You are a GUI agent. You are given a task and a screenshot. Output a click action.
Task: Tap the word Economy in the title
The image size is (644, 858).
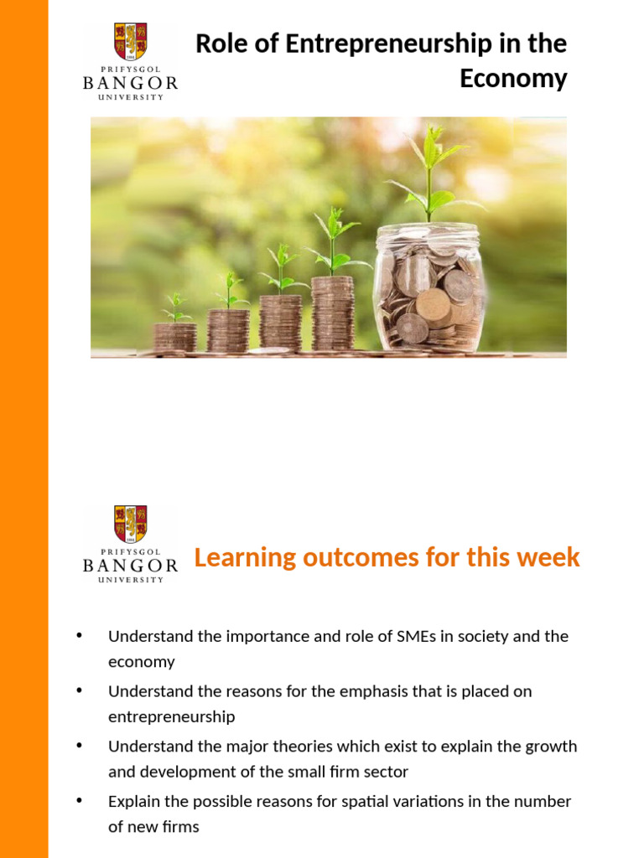[513, 79]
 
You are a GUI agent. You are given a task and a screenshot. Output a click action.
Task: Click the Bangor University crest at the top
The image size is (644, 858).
[130, 41]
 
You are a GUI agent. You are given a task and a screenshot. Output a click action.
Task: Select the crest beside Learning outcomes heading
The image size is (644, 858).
[130, 524]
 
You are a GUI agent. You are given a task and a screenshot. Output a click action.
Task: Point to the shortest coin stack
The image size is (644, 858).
[175, 336]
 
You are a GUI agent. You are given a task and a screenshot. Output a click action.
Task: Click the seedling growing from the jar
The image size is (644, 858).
[432, 172]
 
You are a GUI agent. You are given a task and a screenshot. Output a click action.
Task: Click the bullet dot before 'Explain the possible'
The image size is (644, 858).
[79, 800]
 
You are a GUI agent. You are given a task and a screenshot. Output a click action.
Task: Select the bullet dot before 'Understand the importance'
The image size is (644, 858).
[79, 635]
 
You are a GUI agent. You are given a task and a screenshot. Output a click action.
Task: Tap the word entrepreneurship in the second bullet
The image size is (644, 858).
[171, 717]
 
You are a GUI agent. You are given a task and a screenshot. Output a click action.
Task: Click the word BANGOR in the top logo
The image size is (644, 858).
[130, 83]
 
